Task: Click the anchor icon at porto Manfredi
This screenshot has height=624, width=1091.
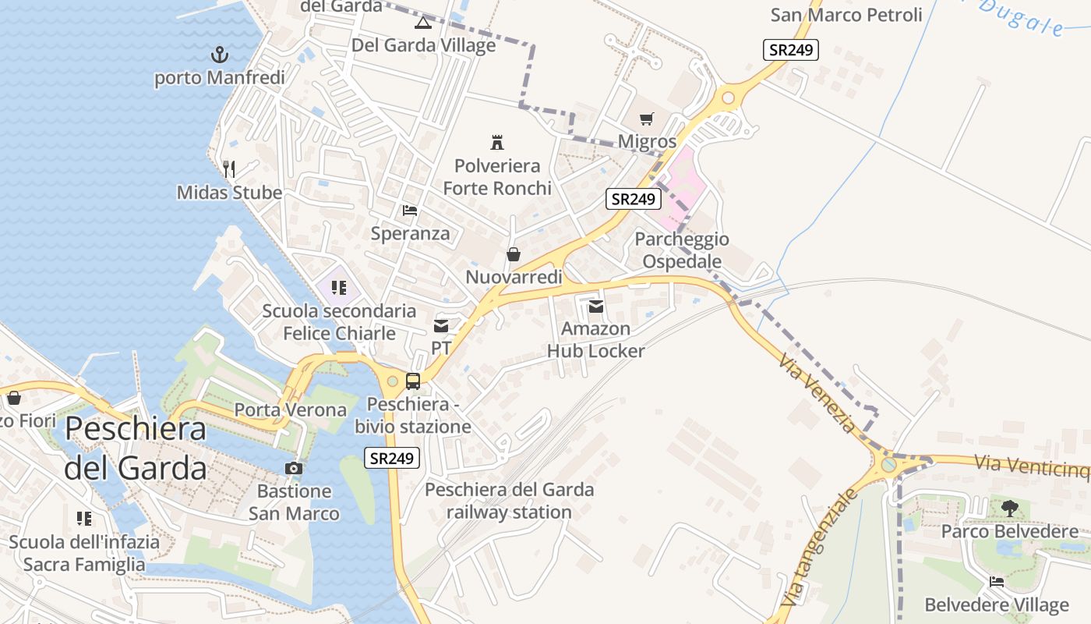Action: point(220,55)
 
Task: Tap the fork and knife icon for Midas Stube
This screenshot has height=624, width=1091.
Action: point(229,168)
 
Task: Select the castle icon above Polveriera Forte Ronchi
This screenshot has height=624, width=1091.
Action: point(497,142)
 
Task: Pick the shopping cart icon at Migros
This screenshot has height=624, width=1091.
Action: point(646,119)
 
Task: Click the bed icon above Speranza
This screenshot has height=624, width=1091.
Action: point(410,210)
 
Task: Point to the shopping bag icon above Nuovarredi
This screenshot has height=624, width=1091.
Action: point(514,254)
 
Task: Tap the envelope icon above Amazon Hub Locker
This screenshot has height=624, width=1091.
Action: point(596,307)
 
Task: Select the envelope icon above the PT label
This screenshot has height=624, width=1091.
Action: point(441,325)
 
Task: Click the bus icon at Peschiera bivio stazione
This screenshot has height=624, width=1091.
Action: point(413,381)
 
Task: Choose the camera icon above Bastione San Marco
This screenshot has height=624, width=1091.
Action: point(294,468)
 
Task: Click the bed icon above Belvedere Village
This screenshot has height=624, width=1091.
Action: point(997,581)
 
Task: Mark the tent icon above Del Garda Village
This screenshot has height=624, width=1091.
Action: point(422,22)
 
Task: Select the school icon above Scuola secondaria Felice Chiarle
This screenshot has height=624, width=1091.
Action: point(338,288)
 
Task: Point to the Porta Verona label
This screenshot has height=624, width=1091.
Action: point(291,409)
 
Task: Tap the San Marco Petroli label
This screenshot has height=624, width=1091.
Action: point(846,15)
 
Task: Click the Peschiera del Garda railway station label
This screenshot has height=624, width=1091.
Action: point(509,501)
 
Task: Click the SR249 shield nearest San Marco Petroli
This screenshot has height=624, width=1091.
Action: point(790,50)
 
